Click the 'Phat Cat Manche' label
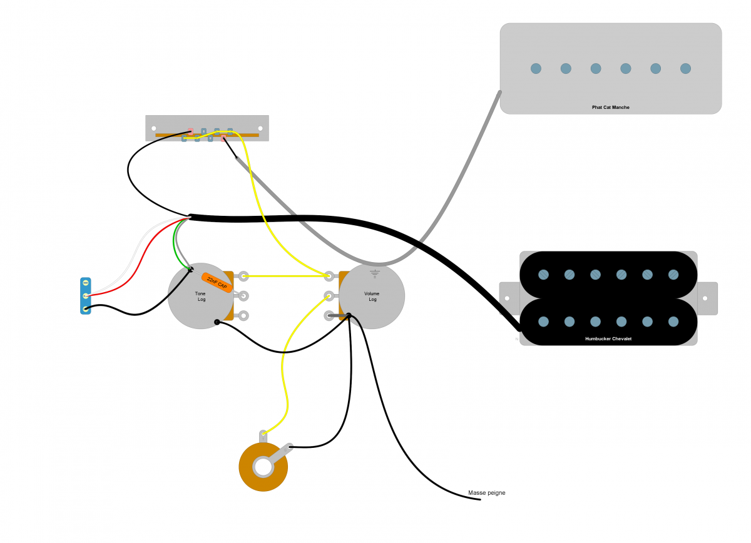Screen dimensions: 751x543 click(611, 107)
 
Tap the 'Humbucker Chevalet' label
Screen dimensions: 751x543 click(608, 339)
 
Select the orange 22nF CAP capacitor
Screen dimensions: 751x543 click(217, 283)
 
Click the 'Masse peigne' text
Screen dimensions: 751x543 click(486, 493)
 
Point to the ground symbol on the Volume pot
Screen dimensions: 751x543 click(375, 273)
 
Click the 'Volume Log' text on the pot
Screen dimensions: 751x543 click(372, 297)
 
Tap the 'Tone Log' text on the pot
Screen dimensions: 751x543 click(200, 297)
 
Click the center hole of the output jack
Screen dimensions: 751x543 click(263, 467)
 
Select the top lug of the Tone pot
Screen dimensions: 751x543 click(243, 277)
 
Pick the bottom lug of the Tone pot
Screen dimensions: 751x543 click(243, 315)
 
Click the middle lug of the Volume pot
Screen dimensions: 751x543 click(329, 296)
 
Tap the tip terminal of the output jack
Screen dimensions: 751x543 click(263, 435)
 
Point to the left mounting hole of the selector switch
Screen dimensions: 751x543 click(154, 128)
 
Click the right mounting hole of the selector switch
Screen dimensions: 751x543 click(260, 128)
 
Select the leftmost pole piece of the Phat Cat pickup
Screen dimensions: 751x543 click(536, 69)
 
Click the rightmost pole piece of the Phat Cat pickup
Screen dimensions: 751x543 click(685, 69)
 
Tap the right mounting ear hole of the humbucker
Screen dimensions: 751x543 click(705, 298)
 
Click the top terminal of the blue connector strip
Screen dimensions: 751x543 click(86, 283)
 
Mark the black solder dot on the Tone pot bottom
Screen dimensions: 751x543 click(217, 322)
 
